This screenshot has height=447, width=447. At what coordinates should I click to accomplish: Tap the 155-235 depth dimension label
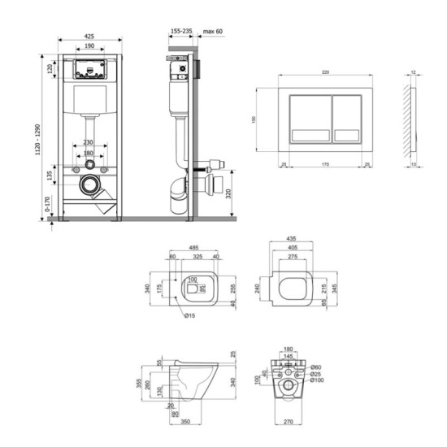[181, 31]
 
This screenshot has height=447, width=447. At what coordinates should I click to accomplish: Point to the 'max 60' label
[214, 31]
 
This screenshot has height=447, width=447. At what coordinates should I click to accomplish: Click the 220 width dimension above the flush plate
[324, 72]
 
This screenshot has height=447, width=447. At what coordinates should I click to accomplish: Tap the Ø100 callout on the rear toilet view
[316, 380]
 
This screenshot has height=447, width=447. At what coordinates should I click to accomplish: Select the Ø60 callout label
[317, 367]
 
